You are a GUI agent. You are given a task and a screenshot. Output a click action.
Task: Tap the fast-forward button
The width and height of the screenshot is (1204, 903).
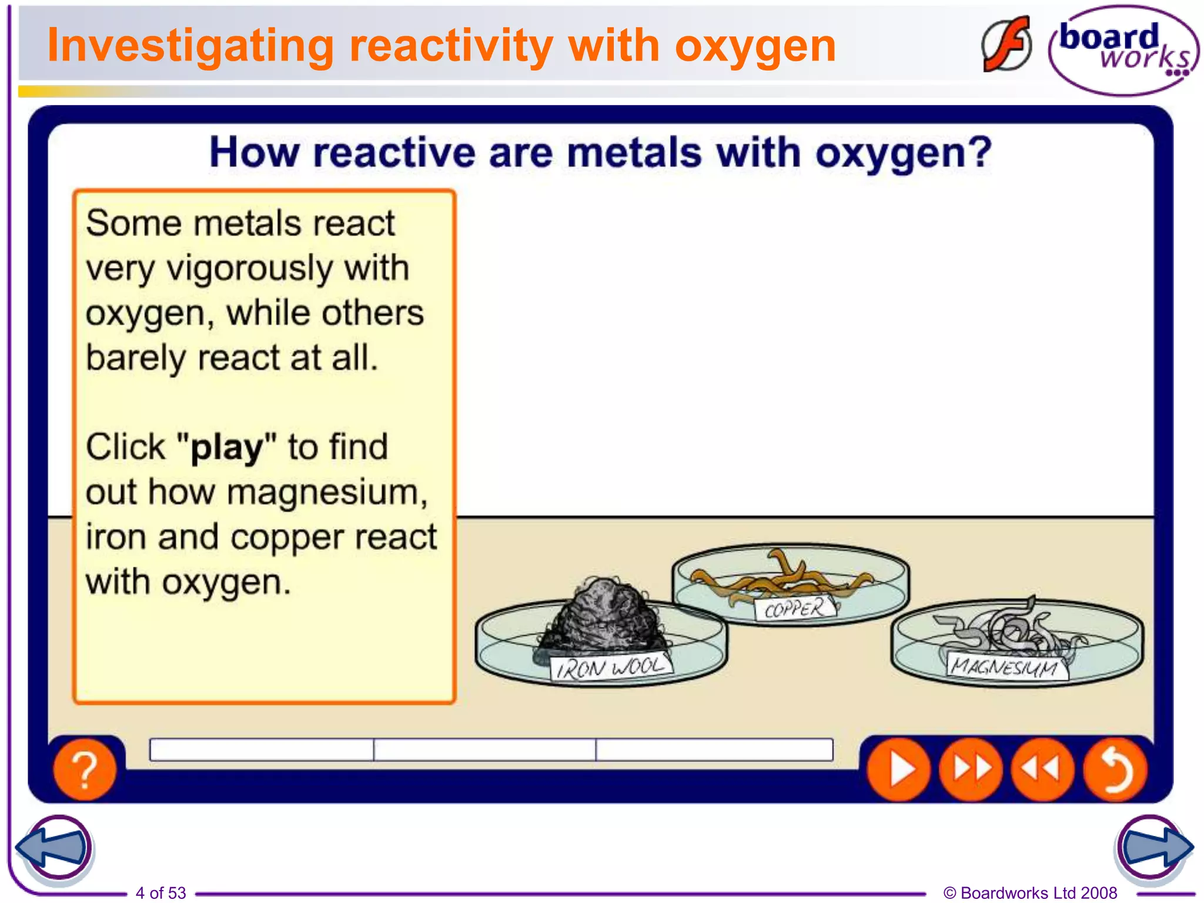click(971, 769)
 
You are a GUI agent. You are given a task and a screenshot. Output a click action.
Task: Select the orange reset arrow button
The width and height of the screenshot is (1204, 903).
click(1115, 769)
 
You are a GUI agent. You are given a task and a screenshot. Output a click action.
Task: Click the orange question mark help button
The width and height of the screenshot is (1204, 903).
click(85, 769)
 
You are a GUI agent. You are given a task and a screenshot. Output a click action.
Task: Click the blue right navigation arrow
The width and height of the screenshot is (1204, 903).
click(1153, 848)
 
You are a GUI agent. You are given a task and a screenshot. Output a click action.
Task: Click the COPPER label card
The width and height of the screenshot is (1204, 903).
click(795, 608)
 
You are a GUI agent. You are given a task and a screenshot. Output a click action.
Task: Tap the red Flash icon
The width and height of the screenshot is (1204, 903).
click(1006, 45)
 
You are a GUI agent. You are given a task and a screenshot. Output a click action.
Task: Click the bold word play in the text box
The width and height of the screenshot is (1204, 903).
click(227, 448)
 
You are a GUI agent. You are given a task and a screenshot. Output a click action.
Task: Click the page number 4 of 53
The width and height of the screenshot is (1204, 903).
click(160, 892)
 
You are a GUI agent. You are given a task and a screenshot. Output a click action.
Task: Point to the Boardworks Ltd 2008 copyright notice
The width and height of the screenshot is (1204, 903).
click(1030, 892)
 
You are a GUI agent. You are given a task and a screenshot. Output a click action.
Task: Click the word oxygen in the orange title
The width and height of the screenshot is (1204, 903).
click(755, 47)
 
